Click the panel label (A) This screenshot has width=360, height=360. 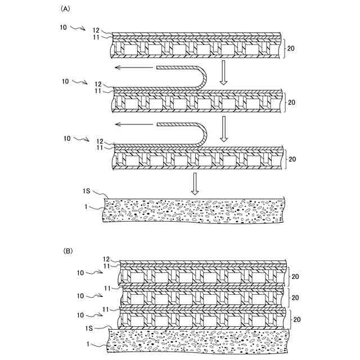pyautogui.click(x=65, y=10)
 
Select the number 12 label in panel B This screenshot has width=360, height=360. pyautogui.click(x=106, y=259)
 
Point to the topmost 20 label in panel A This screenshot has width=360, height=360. pyautogui.click(x=291, y=48)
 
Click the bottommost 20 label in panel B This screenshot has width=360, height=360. pyautogui.click(x=298, y=318)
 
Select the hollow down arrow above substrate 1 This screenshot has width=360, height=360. pyautogui.click(x=195, y=183)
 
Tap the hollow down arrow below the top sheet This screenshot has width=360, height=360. pyautogui.click(x=223, y=73)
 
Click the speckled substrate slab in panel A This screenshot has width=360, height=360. pyautogui.click(x=194, y=211)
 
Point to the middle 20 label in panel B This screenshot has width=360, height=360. pyautogui.click(x=298, y=296)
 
